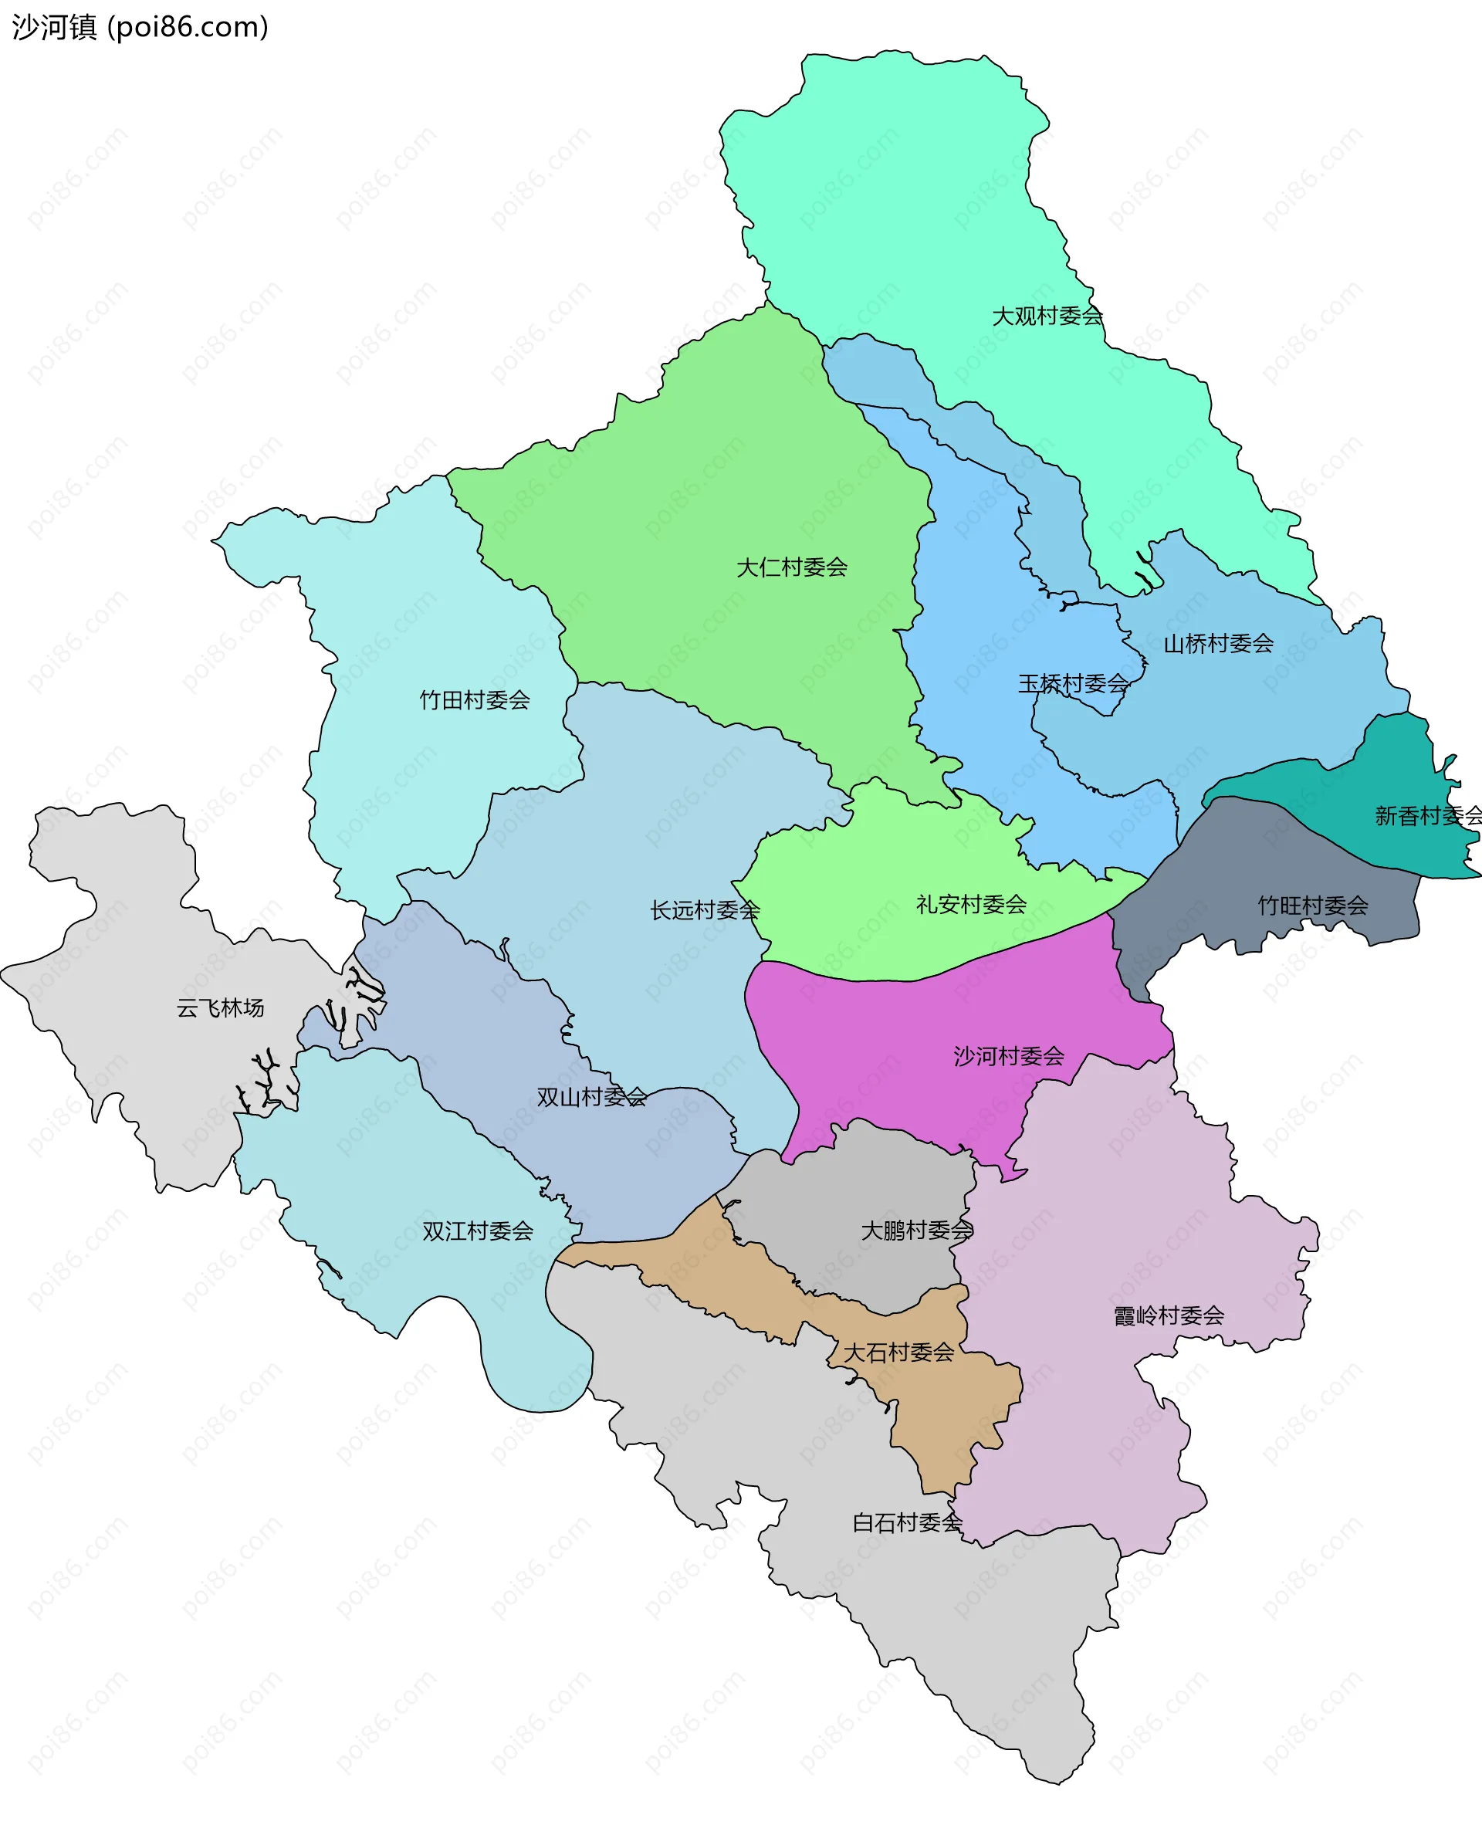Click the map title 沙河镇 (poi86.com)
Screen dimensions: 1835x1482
point(140,27)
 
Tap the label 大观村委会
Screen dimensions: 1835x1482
point(1047,316)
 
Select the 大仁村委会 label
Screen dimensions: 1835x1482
point(791,567)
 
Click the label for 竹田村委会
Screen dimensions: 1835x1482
point(475,700)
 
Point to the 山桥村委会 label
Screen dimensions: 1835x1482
point(1218,644)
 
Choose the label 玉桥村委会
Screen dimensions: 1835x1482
point(1072,683)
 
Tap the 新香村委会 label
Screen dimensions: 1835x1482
point(1427,815)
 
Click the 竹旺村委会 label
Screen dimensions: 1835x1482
point(1312,905)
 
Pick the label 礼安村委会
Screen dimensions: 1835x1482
point(971,904)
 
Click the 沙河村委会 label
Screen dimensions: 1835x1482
point(1008,1056)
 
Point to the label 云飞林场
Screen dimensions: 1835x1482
point(220,1007)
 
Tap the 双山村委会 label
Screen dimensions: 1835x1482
point(591,1097)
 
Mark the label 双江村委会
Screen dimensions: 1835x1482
point(477,1231)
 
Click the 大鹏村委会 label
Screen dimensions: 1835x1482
point(917,1230)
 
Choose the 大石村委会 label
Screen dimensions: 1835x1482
point(898,1352)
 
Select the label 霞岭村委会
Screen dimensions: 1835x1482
point(1169,1315)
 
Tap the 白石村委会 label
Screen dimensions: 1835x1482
point(908,1522)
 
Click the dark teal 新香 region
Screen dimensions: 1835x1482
point(1400,768)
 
